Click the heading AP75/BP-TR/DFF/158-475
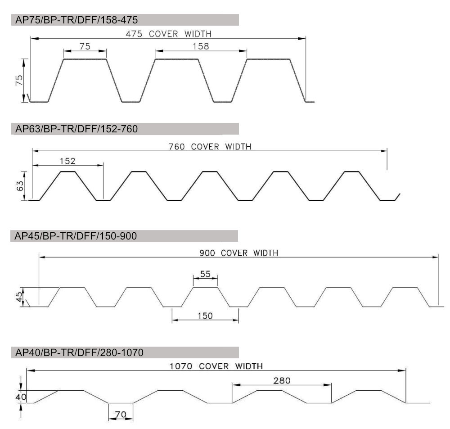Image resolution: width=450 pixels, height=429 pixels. (76, 20)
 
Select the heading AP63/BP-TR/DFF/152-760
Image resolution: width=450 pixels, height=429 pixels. (76, 129)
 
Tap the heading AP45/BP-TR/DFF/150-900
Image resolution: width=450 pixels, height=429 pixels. (76, 236)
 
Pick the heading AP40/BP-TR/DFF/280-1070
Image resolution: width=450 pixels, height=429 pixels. (79, 352)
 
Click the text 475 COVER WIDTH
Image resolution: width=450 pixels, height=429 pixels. (168, 34)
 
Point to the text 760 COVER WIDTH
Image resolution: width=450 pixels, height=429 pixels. (210, 147)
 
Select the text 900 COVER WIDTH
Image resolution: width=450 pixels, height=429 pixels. (239, 253)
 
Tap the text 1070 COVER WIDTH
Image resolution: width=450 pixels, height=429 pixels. (216, 366)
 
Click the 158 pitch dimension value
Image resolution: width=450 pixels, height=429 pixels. (201, 46)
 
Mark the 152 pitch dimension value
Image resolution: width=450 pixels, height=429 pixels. (67, 161)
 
